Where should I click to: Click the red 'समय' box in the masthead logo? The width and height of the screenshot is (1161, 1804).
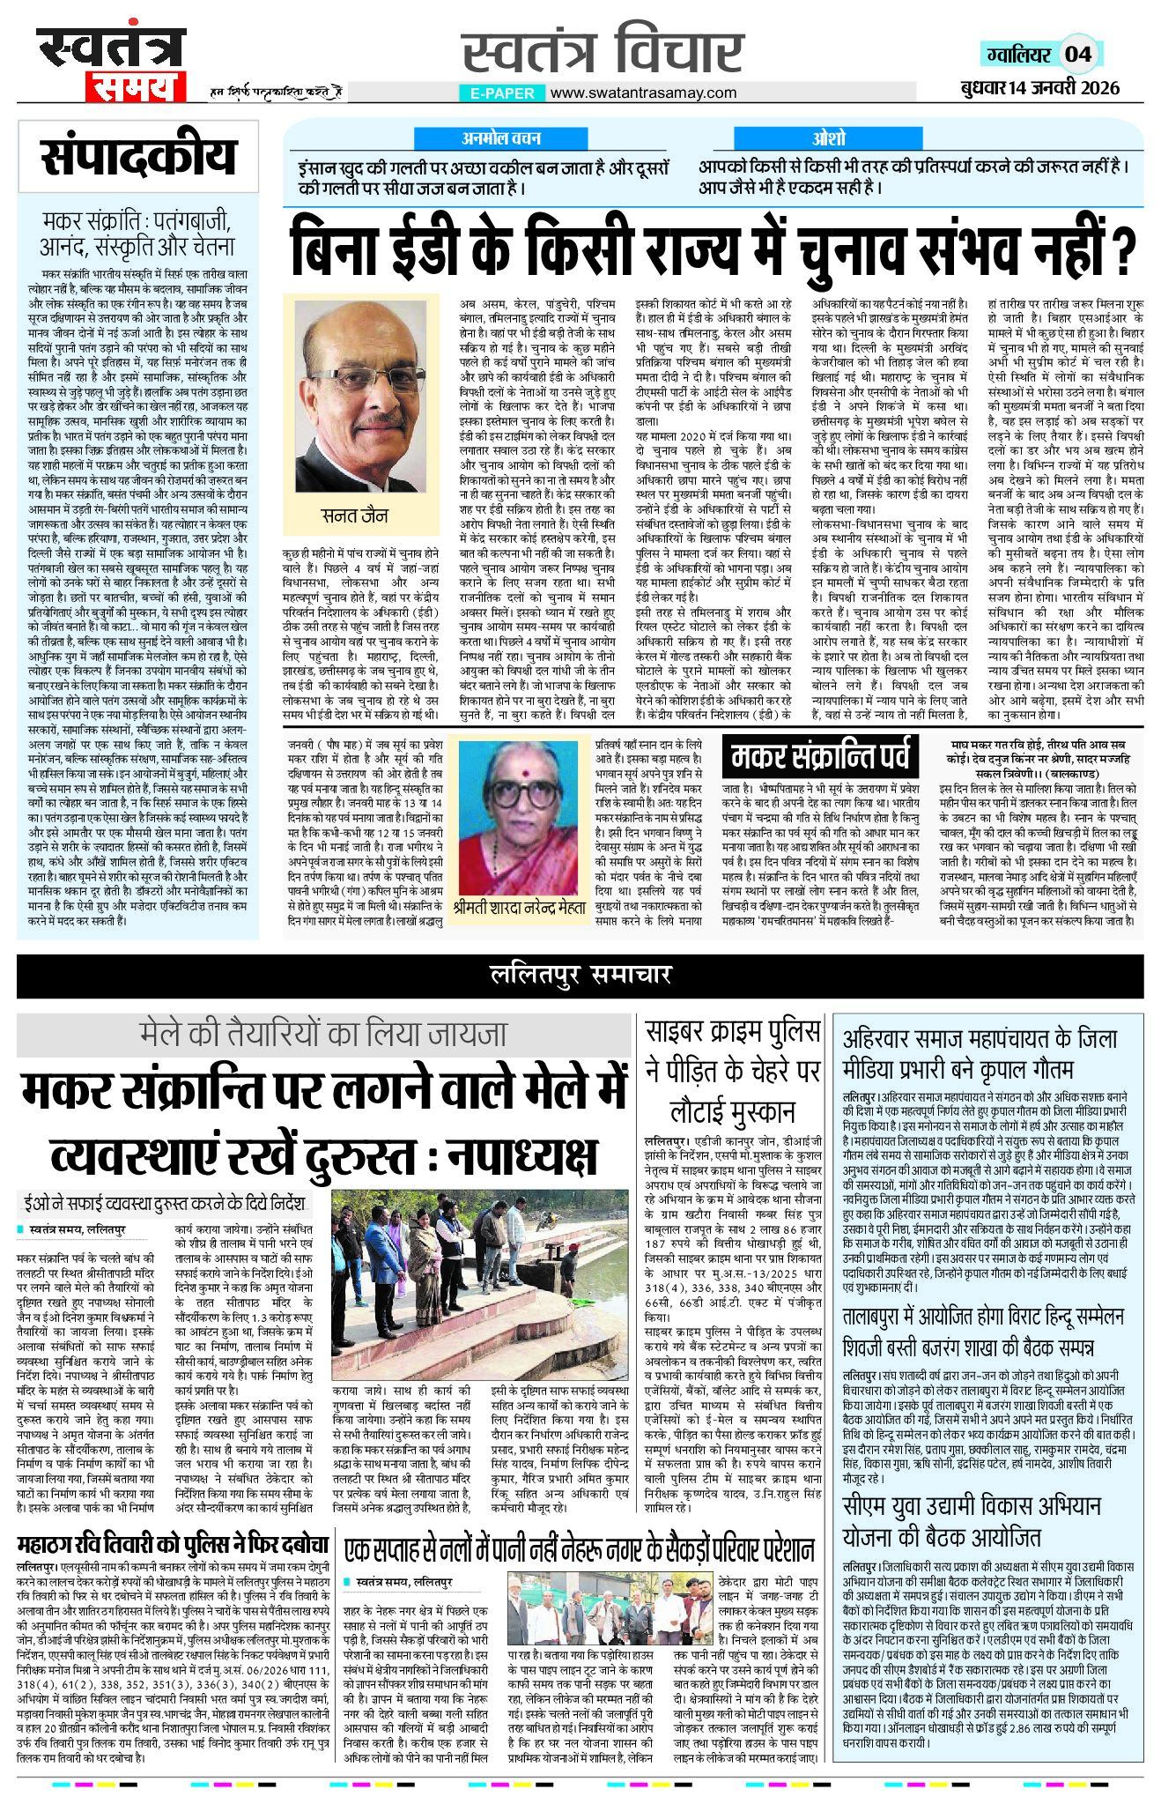tap(135, 87)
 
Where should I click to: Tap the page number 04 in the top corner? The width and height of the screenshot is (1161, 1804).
tap(1078, 55)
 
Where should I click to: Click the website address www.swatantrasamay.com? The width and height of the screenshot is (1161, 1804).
tap(642, 93)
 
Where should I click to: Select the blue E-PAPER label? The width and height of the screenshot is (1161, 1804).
tap(502, 93)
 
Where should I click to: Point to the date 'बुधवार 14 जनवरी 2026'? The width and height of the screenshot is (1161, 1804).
tap(1039, 87)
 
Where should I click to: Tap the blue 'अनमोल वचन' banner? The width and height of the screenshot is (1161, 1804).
tap(500, 138)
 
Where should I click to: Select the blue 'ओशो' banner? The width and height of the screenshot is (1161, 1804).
tap(829, 138)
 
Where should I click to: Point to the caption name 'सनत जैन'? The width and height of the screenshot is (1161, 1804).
tap(354, 516)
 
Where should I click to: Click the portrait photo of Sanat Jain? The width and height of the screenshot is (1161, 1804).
tap(361, 397)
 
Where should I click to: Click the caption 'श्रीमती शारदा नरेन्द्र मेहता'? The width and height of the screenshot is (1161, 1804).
tap(519, 908)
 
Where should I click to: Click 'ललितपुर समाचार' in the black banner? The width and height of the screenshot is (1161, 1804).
tap(580, 974)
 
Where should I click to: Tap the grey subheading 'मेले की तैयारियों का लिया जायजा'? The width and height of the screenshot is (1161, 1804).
tap(323, 1034)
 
